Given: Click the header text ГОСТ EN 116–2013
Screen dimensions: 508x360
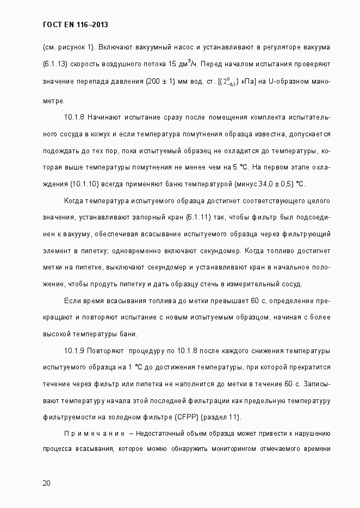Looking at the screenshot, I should pyautogui.click(x=79, y=24).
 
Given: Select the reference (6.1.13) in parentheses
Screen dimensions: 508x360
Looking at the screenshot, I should pyautogui.click(x=55, y=65).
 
